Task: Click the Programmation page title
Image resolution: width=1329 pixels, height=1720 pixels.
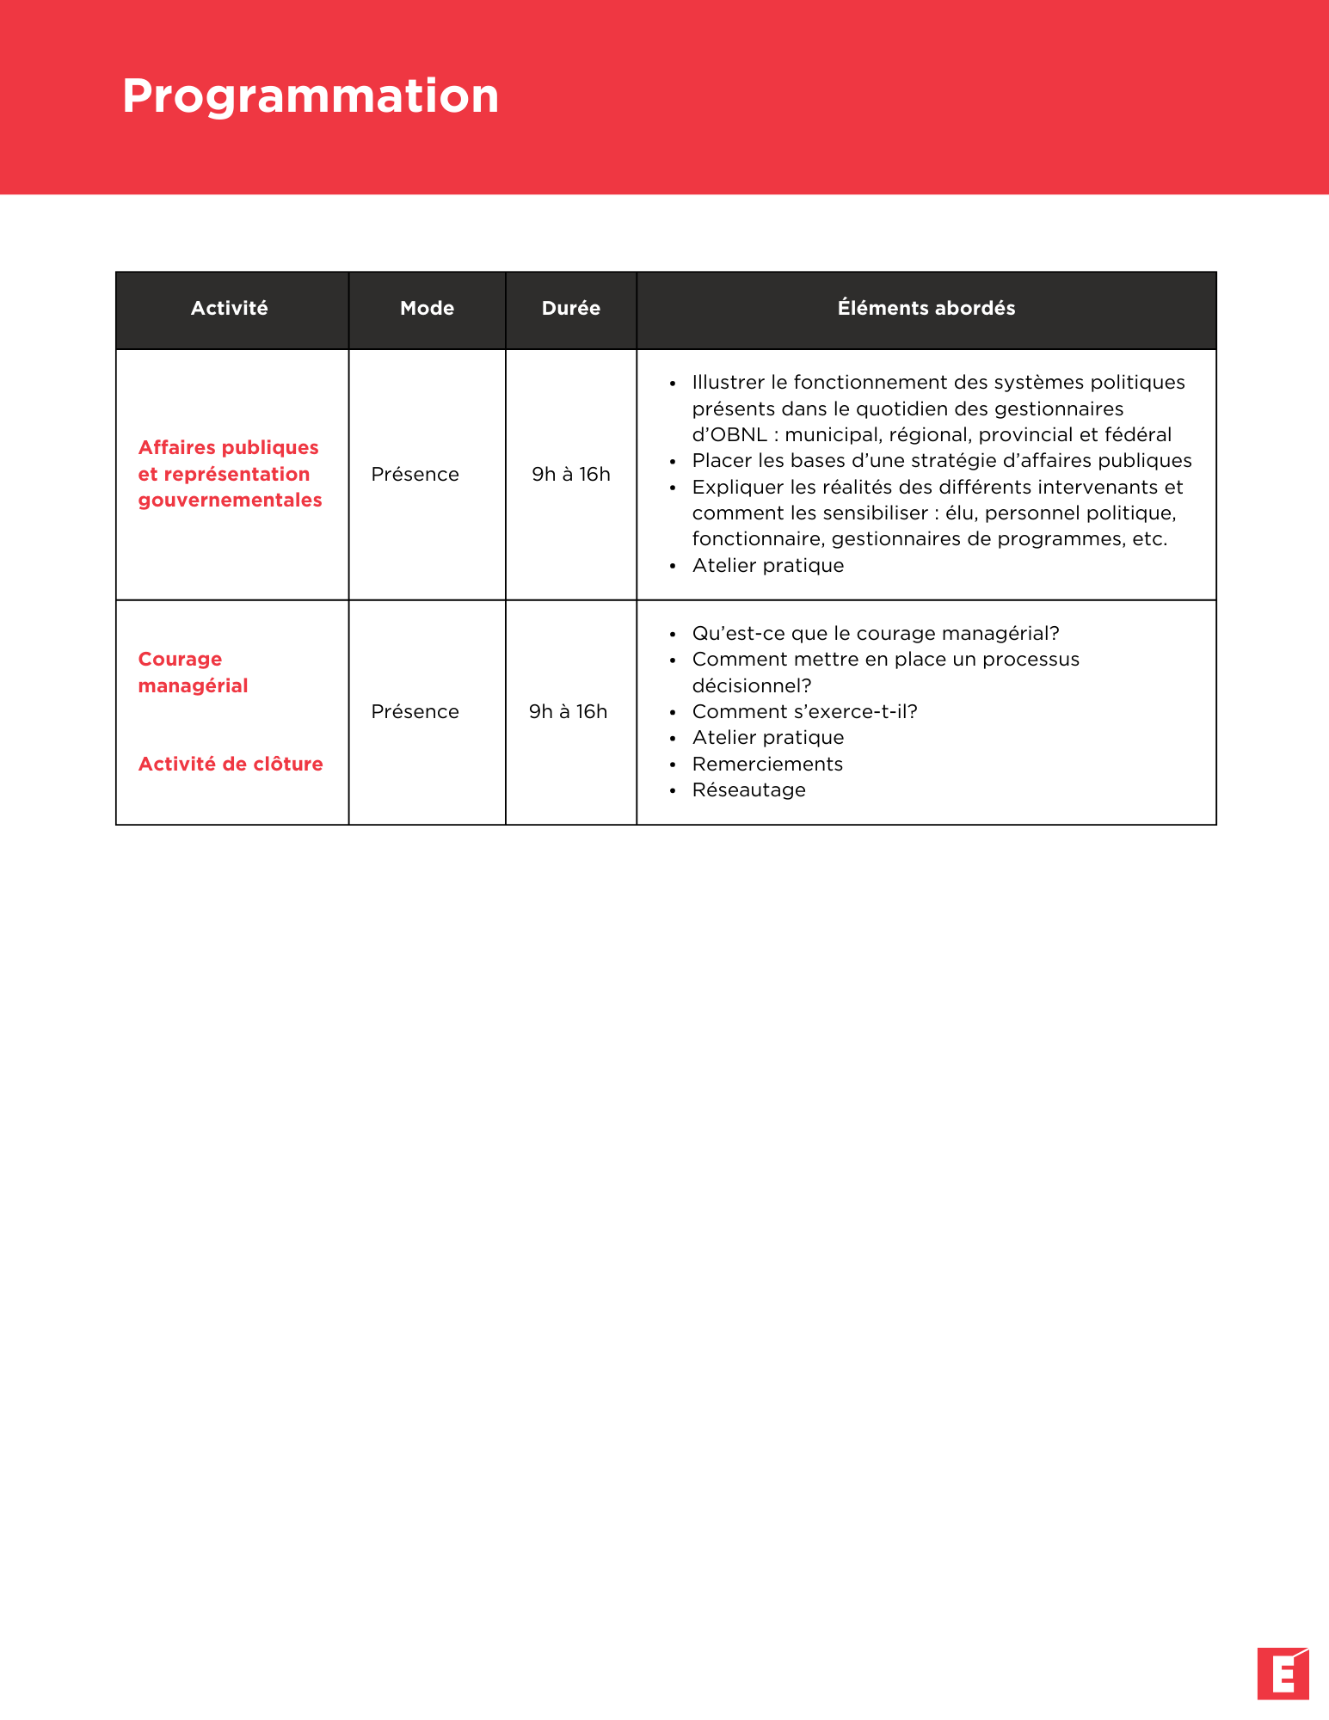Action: (x=311, y=96)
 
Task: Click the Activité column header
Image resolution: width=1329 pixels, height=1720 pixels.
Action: (x=230, y=308)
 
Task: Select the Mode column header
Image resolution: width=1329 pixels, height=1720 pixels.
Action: (x=427, y=308)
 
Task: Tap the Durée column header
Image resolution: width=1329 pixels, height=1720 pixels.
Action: (x=570, y=308)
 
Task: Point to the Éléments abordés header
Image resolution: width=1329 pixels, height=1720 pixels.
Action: (x=926, y=308)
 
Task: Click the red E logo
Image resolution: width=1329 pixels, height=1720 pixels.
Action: (x=1283, y=1674)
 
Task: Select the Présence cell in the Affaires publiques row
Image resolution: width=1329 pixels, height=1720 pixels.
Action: (x=415, y=474)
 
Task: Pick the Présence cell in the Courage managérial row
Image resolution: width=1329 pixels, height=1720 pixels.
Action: (x=415, y=711)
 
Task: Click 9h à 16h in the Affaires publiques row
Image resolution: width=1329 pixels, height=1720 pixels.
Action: (x=570, y=474)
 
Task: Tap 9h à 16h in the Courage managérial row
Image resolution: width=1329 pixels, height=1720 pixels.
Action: (x=568, y=711)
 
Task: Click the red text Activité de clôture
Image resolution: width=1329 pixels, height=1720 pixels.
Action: (x=231, y=764)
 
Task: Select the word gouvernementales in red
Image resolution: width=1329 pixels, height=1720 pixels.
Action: (x=230, y=500)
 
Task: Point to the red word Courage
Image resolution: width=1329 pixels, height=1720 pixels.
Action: (x=180, y=659)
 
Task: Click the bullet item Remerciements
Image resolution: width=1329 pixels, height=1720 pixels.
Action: (x=767, y=764)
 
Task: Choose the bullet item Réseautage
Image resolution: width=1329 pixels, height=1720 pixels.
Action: (x=748, y=789)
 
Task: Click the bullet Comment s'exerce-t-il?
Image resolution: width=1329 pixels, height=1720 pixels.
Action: (x=804, y=711)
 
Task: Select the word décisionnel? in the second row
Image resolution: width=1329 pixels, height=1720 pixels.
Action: (x=752, y=685)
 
